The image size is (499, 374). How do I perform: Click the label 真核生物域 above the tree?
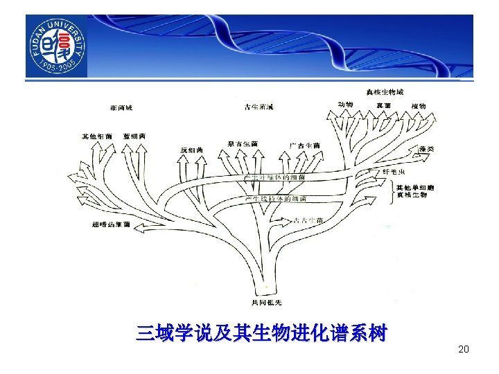(385, 92)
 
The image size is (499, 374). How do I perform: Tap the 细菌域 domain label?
(121, 107)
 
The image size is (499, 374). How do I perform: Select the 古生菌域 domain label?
(259, 107)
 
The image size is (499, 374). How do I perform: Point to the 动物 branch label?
(345, 105)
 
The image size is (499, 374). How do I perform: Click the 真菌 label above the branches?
(383, 105)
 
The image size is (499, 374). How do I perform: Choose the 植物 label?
(418, 105)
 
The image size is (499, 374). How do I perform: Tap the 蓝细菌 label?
(134, 136)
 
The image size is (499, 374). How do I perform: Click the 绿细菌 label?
(191, 150)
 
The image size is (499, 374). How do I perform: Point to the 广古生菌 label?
(305, 145)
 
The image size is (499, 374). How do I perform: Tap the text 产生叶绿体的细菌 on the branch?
(274, 178)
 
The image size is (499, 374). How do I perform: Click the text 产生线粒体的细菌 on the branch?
(276, 199)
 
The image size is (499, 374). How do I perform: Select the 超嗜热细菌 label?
(111, 224)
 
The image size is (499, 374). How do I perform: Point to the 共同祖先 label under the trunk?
(266, 303)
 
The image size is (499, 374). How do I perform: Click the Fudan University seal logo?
(57, 46)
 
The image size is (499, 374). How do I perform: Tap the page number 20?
(464, 349)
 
